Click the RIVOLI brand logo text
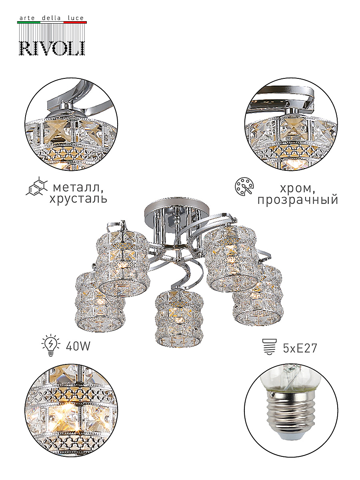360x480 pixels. pos(52,48)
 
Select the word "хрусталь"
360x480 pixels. pos(78,199)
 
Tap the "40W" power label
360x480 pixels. pos(78,346)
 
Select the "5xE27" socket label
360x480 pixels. pos(300,348)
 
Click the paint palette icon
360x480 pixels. pos(244,187)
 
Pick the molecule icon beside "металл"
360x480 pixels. pos(36,186)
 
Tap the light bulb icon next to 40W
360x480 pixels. pos(51,345)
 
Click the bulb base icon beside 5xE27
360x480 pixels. pos(270,347)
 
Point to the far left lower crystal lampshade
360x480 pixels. pos(100,302)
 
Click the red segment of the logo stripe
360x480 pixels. pos(75,22)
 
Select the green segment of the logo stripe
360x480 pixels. pos(29,22)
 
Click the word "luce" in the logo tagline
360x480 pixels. pos(76,18)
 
